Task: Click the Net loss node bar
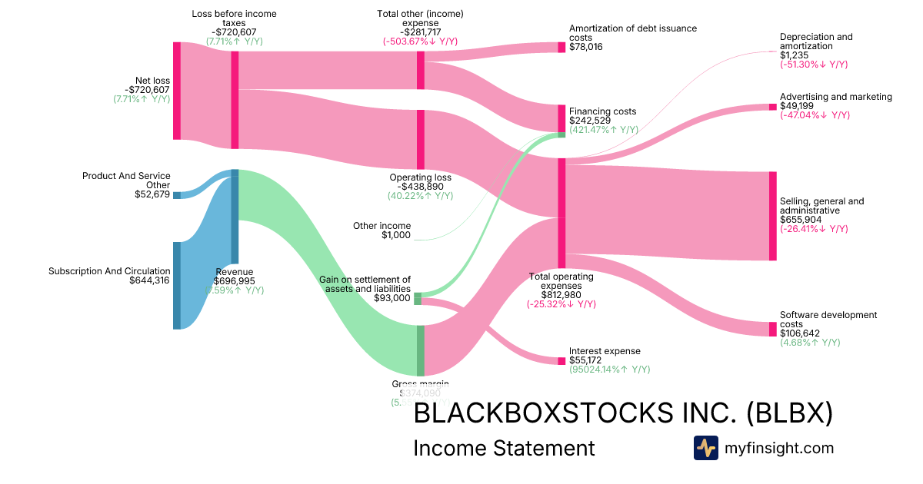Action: point(177,91)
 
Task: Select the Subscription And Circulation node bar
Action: point(177,285)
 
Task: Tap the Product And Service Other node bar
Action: point(177,195)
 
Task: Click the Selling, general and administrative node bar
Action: point(773,216)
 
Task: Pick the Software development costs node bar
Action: point(773,329)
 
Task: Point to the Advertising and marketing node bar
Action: point(773,107)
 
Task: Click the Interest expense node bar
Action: point(561,360)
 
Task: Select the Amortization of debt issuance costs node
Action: point(561,47)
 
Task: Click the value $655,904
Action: point(800,220)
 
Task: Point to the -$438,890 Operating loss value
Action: point(420,187)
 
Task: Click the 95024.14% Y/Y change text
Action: point(609,370)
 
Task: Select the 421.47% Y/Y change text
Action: point(603,130)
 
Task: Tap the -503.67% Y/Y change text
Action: point(420,41)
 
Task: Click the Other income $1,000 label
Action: point(382,230)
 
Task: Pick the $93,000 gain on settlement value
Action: point(392,298)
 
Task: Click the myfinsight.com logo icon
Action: point(705,448)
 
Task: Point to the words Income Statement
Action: point(504,448)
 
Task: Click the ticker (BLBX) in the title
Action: point(789,413)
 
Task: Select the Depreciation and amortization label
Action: point(815,41)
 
